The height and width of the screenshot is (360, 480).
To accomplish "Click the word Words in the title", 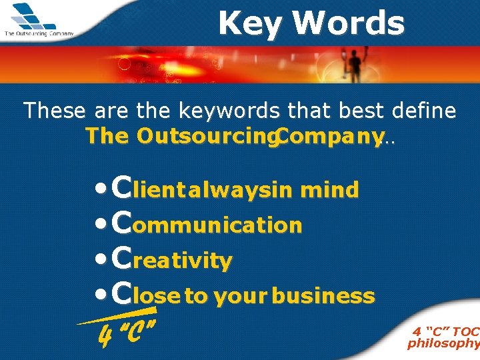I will pos(349,24).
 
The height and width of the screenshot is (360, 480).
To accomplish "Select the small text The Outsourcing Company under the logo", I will pos(39,33).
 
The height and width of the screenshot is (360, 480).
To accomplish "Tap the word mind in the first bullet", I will pos(330,191).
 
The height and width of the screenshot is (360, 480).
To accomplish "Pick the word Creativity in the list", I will pos(173,259).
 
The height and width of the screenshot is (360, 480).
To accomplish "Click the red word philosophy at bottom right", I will pos(443,344).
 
